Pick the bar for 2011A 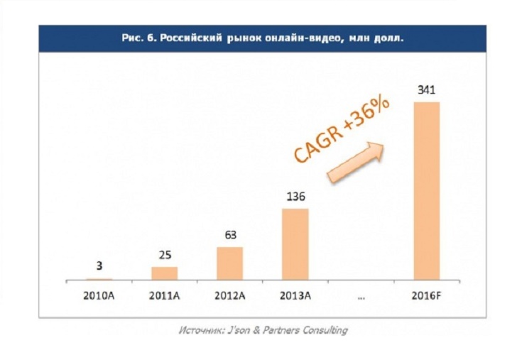coord(164,273)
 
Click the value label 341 coord(426,90)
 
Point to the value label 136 coord(295,197)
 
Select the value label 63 coord(229,236)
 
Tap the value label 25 coord(164,255)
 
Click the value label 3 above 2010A coord(99,267)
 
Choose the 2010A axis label coord(99,295)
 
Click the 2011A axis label coord(164,295)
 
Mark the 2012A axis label coord(229,295)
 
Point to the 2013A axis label coord(295,295)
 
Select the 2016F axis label coord(426,295)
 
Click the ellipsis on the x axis coord(361,296)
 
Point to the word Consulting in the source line coord(323,329)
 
